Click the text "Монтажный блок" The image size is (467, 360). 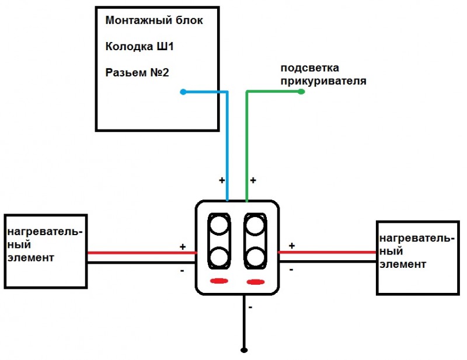154,20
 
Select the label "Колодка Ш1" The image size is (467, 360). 140,47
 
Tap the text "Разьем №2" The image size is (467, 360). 137,72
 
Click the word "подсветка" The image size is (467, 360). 310,68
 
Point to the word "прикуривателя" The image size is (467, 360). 323,81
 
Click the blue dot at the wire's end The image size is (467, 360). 183,92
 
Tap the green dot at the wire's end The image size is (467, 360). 301,92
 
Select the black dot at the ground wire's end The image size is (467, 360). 244,350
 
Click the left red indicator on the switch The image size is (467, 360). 219,281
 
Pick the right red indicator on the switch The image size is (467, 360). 256,282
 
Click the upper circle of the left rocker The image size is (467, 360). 219,225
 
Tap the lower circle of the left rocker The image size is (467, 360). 219,257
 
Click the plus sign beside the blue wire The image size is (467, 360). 222,180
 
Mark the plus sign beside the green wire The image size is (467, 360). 253,180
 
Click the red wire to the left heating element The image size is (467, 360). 142,253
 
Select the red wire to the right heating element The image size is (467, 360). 327,253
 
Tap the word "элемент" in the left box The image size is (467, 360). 31,257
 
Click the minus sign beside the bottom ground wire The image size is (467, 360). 250,307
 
